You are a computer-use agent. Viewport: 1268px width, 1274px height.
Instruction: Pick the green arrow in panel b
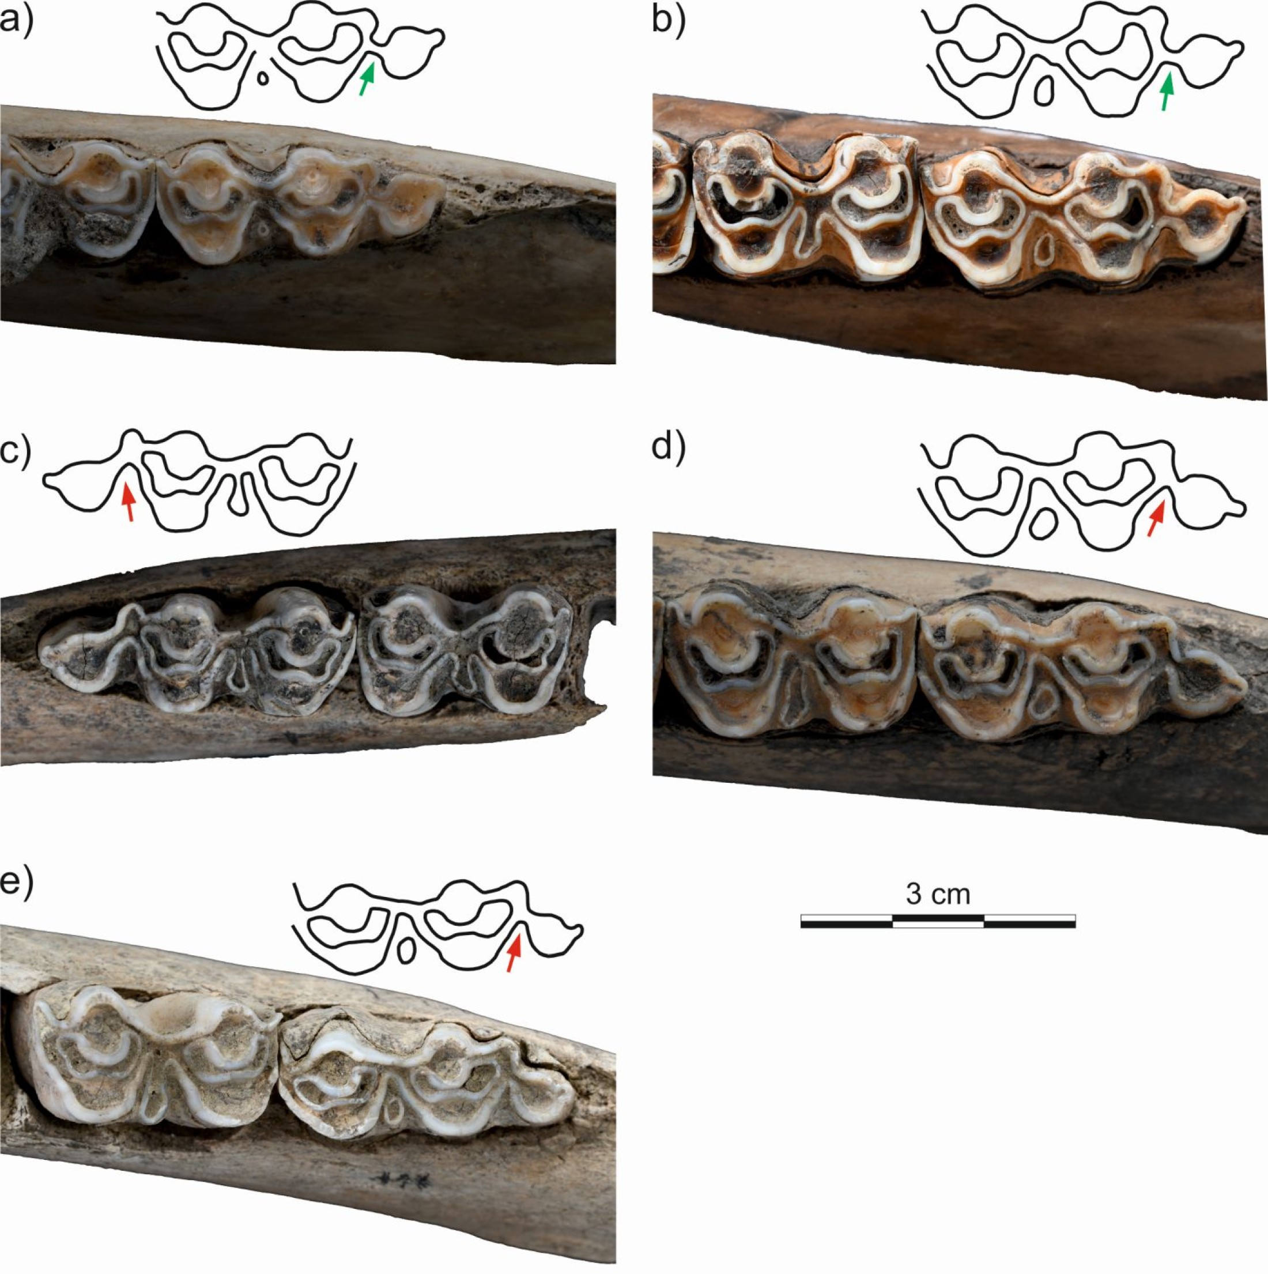tap(1167, 92)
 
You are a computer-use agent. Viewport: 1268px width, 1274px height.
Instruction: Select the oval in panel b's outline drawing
tap(1043, 91)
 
